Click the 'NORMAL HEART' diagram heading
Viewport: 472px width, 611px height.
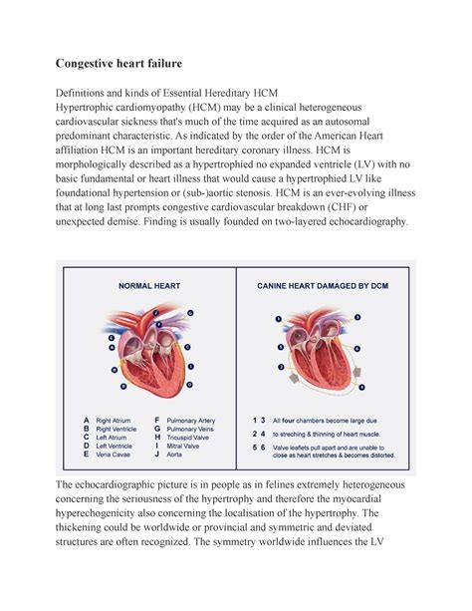click(x=148, y=285)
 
